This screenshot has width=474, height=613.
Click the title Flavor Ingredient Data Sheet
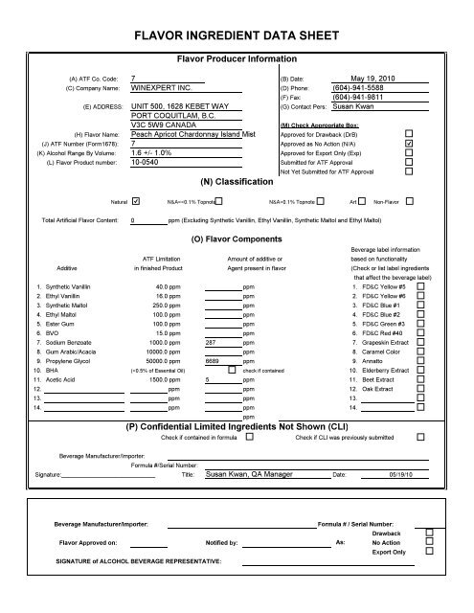[236, 37]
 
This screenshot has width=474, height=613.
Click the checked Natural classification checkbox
[135, 201]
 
